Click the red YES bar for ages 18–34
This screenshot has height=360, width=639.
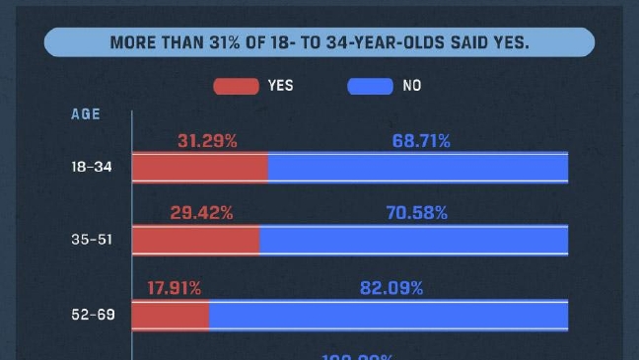pyautogui.click(x=200, y=168)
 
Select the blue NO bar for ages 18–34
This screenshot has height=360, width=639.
pyautogui.click(x=418, y=168)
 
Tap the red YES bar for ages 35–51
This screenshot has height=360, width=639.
pyautogui.click(x=196, y=241)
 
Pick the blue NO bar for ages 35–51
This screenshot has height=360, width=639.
pyautogui.click(x=414, y=241)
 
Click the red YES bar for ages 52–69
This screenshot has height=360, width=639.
pyautogui.click(x=171, y=316)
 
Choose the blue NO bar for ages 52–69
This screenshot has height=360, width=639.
pyautogui.click(x=389, y=316)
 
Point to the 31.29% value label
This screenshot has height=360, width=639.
pyautogui.click(x=207, y=141)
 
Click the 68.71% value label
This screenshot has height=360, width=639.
pyautogui.click(x=421, y=141)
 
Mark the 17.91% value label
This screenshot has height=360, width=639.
pyautogui.click(x=175, y=288)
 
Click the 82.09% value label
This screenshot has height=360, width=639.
pyautogui.click(x=390, y=288)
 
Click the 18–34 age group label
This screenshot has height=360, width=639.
pyautogui.click(x=91, y=168)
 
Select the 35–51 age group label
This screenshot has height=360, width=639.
pyautogui.click(x=91, y=241)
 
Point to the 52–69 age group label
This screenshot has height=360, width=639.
pyautogui.click(x=91, y=316)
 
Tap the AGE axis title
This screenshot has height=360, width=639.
pyautogui.click(x=86, y=113)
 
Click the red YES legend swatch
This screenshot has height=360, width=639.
pyautogui.click(x=234, y=86)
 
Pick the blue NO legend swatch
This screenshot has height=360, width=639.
pyautogui.click(x=368, y=86)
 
